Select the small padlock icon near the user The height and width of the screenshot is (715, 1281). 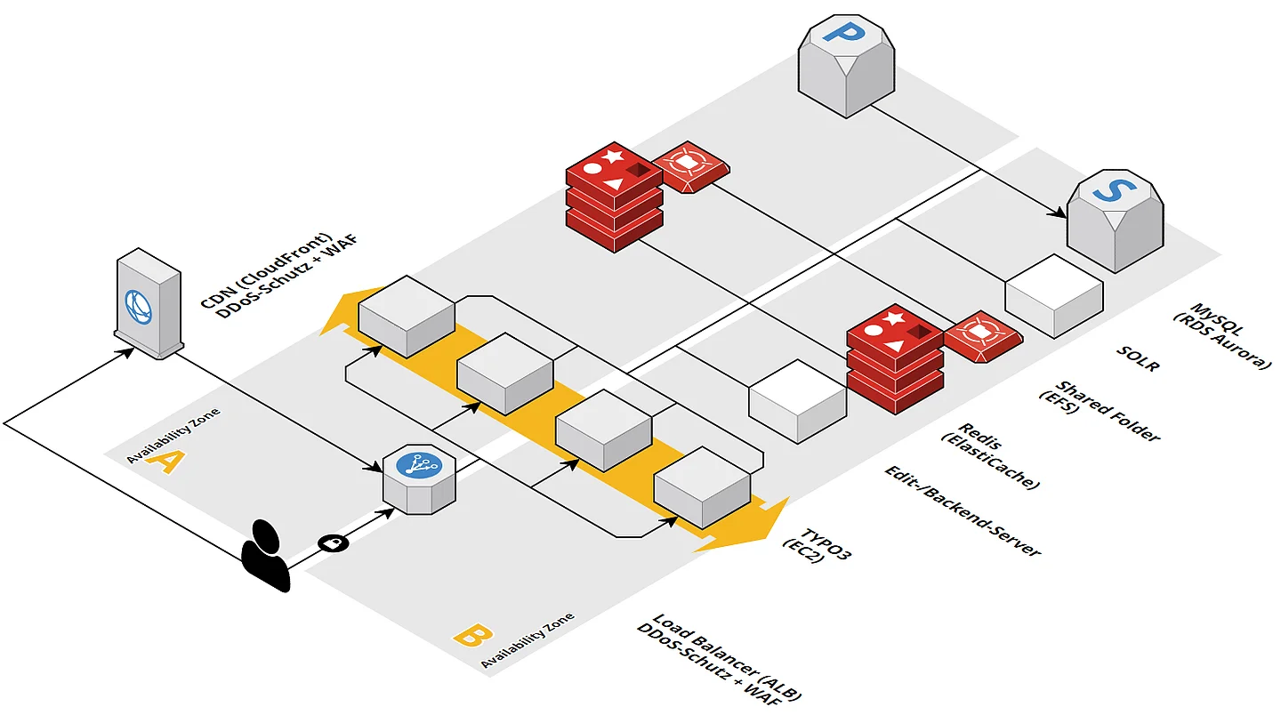pyautogui.click(x=332, y=542)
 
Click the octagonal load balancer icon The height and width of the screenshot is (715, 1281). pyautogui.click(x=418, y=479)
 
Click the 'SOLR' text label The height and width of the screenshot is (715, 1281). pyautogui.click(x=1138, y=358)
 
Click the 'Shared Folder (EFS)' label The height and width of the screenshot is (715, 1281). pyautogui.click(x=1099, y=410)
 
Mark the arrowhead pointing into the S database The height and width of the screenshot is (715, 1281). pyautogui.click(x=1060, y=214)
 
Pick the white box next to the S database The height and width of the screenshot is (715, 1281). pyautogui.click(x=1054, y=295)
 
